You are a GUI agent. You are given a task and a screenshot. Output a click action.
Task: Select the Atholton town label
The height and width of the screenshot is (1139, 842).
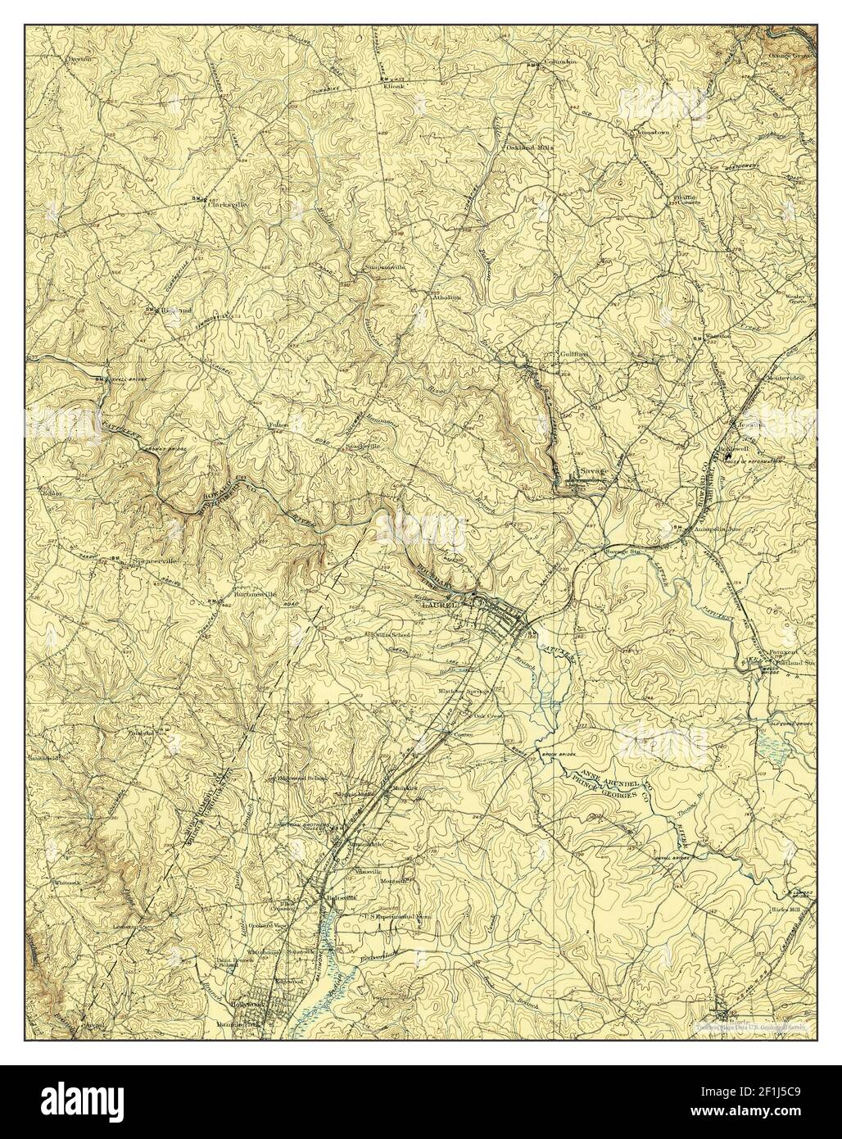pyautogui.click(x=446, y=297)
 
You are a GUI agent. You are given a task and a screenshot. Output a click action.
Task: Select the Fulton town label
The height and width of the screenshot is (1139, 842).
pyautogui.click(x=275, y=426)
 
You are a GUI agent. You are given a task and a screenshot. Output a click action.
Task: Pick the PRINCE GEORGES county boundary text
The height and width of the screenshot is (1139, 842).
pyautogui.click(x=605, y=785)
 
